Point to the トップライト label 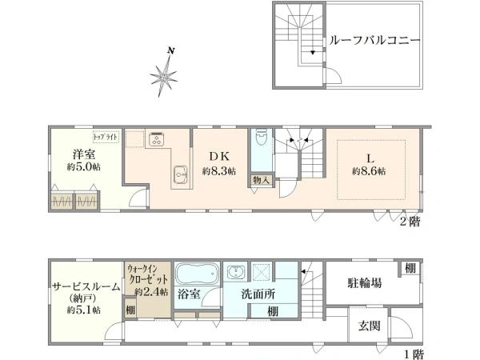[x=106, y=138]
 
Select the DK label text [x=220, y=157]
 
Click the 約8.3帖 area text [x=219, y=171]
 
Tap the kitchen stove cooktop [x=155, y=140]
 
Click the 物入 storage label [x=261, y=180]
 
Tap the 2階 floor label [x=410, y=222]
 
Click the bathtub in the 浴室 [x=194, y=275]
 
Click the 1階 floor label [x=412, y=353]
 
